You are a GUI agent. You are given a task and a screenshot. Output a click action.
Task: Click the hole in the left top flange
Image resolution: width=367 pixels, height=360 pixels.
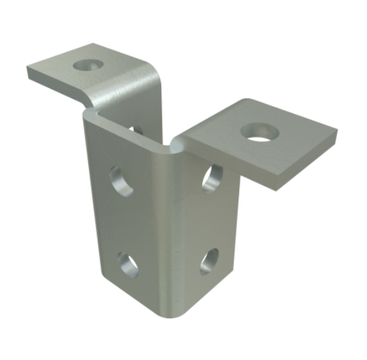[86, 66]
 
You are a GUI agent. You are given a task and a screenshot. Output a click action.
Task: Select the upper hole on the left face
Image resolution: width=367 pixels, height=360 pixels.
[122, 182]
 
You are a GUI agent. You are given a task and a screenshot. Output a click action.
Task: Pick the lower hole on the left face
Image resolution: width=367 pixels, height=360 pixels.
[127, 264]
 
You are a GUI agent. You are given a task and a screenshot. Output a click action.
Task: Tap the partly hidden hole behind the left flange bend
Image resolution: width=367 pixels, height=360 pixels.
[137, 128]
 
